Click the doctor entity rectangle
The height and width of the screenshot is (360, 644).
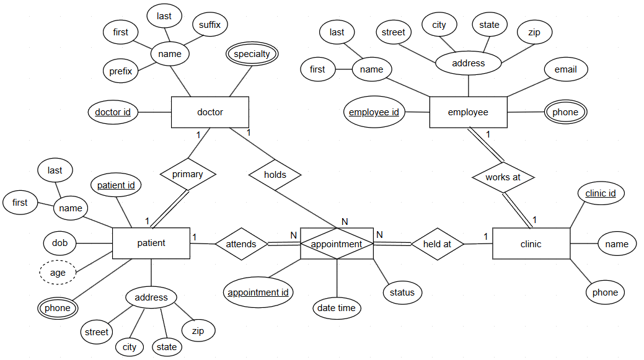210,112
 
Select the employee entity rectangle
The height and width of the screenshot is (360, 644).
468,112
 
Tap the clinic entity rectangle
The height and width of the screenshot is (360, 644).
531,244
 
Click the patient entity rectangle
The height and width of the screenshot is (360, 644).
151,243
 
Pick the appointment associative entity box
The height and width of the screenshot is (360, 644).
337,244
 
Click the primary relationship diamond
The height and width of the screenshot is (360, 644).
188,174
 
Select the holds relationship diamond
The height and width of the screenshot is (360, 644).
275,175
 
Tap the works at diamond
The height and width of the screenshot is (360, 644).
503,177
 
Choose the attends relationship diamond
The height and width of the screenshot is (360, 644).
241,244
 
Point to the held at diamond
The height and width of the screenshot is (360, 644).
437,244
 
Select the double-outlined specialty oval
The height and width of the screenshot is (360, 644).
252,54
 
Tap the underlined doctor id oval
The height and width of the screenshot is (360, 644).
113,112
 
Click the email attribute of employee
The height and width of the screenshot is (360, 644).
565,69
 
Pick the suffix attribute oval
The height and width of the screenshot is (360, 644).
210,25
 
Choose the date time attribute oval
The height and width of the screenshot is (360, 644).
337,308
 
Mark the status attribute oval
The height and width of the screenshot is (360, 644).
402,292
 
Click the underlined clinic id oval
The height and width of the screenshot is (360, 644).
601,193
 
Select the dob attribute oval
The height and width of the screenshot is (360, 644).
60,243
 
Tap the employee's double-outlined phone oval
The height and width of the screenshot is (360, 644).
565,112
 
